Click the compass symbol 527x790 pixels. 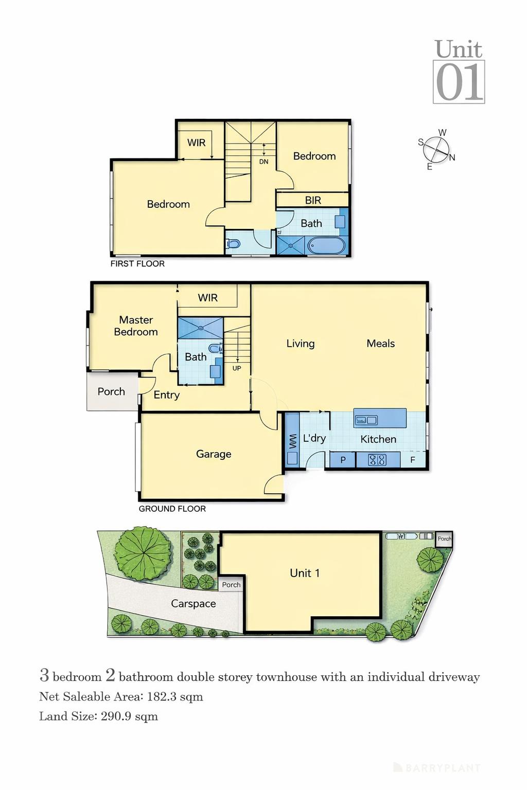tap(436, 149)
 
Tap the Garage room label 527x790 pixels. tap(214, 454)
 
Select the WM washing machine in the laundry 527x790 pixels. tap(292, 441)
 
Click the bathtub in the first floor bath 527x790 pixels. tap(326, 246)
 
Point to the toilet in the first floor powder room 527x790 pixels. tap(234, 243)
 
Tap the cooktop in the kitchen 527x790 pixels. tap(377, 460)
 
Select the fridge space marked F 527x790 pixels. tap(413, 460)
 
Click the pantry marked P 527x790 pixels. tap(343, 460)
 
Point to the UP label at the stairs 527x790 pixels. tap(237, 368)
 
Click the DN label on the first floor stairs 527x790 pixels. tap(263, 161)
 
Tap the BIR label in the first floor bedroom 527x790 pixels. tap(313, 200)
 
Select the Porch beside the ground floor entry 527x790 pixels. tap(112, 392)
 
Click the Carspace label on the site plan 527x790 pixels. tap(194, 604)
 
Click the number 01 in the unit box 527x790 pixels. tap(459, 82)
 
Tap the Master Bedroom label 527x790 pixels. tap(136, 326)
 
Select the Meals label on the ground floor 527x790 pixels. tap(381, 344)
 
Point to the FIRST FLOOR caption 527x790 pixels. tap(137, 264)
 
